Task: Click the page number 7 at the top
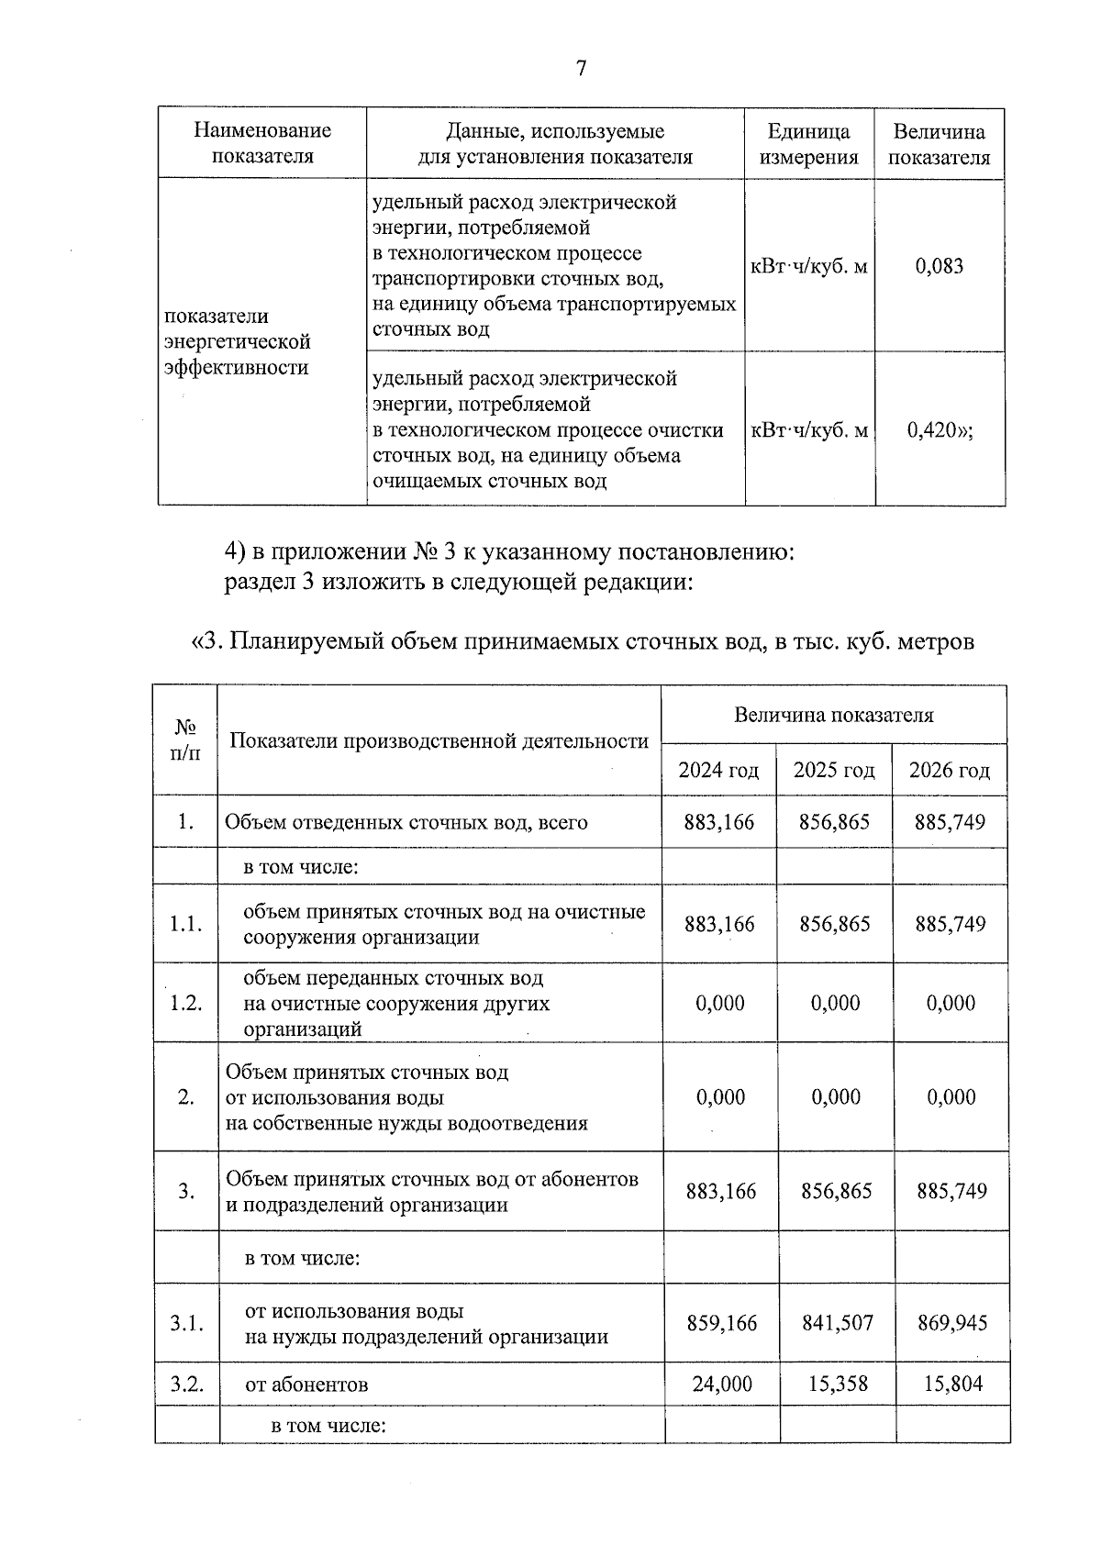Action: pos(581,69)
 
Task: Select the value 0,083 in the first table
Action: pos(940,267)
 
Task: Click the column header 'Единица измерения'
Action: pos(808,144)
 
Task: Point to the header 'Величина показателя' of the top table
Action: pos(940,144)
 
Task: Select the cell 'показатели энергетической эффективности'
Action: pos(239,341)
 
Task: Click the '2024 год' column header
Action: pos(718,770)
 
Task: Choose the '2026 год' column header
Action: pos(950,770)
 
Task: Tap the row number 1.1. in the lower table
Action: pos(186,924)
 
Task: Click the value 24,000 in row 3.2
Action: pos(722,1384)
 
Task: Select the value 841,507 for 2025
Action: pos(837,1322)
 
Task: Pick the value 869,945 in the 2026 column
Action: pos(952,1322)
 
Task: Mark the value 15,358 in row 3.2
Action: pos(838,1384)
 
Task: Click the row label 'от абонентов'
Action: pos(306,1385)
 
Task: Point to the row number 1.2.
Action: pos(186,1003)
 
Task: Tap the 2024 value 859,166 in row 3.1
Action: pos(722,1322)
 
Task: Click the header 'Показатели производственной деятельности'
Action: pos(439,740)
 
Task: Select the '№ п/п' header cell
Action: pos(186,740)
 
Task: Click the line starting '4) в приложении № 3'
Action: pos(509,552)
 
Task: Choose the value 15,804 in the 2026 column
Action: pos(952,1384)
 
